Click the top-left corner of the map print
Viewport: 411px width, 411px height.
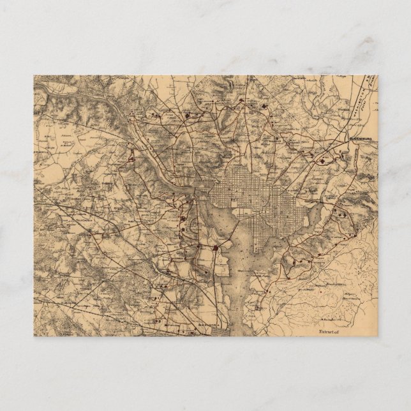click(34, 75)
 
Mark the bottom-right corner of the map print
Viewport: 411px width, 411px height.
click(377, 336)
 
